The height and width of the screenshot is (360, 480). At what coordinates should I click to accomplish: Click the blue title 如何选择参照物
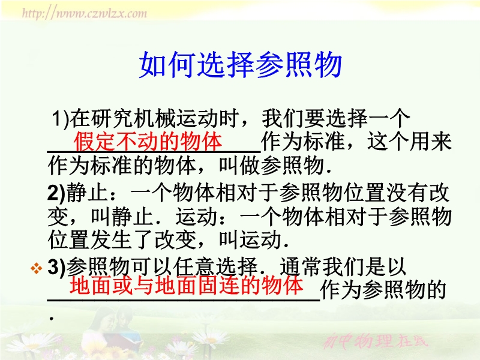241,65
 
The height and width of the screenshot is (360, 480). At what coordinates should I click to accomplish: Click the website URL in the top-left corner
85,13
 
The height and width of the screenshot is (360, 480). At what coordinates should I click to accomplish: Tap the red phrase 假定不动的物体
148,142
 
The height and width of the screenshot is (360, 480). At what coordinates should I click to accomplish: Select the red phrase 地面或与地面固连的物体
187,284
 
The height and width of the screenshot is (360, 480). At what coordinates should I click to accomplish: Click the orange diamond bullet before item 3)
37,268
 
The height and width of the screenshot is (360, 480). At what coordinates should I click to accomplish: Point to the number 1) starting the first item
61,118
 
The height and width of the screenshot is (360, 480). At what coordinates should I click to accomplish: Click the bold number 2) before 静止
56,193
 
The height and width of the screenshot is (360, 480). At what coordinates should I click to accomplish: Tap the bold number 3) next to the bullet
56,267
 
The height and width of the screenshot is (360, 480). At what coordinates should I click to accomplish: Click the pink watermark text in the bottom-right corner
376,341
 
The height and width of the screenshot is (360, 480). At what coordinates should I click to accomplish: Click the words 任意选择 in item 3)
215,267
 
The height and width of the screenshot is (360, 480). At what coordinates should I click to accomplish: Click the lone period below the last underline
52,319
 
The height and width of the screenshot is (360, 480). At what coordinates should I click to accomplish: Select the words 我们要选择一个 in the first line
336,118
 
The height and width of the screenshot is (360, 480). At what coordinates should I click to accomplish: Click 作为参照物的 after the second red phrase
383,290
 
